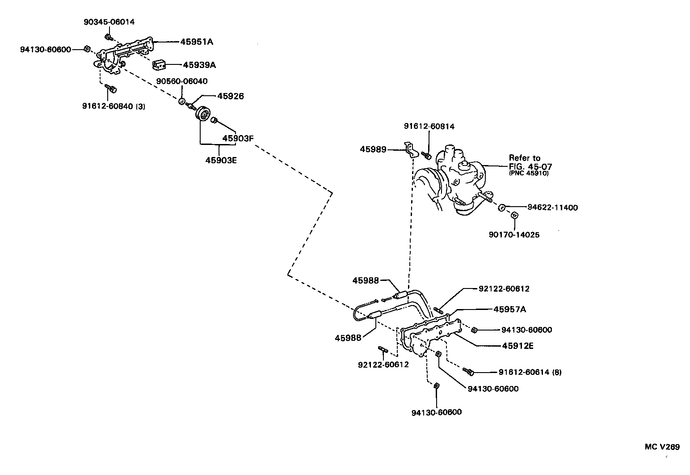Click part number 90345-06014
[x=109, y=21]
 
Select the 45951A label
[x=197, y=42]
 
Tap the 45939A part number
[x=199, y=65]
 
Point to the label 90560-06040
[x=181, y=81]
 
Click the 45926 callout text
[x=231, y=96]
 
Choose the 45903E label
[x=221, y=160]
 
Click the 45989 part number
[x=373, y=149]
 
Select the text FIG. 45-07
[x=530, y=166]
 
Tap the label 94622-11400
[x=552, y=208]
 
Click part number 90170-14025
[x=514, y=234]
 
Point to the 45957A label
[x=509, y=309]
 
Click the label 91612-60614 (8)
[x=530, y=372]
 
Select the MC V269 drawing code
[x=662, y=447]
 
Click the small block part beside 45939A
[x=159, y=65]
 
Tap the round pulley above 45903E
[x=203, y=114]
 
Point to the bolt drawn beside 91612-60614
[x=468, y=371]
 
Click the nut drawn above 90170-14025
[x=514, y=216]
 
